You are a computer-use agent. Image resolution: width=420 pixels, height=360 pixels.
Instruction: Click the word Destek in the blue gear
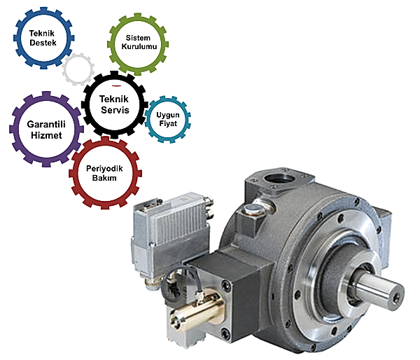click(43, 43)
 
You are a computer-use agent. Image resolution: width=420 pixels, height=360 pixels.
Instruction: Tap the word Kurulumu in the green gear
click(139, 46)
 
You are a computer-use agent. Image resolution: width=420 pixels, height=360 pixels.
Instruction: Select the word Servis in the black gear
click(115, 110)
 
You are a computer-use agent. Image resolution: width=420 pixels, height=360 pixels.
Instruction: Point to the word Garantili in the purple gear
click(46, 125)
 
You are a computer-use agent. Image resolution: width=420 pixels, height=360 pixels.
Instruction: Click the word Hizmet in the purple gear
click(46, 135)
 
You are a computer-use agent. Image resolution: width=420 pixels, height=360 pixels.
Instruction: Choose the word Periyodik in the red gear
click(104, 169)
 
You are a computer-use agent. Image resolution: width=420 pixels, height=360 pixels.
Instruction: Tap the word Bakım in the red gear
click(104, 178)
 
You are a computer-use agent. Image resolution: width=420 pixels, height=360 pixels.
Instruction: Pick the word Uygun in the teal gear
click(168, 116)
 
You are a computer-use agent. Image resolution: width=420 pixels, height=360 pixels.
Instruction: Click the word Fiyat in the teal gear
click(168, 123)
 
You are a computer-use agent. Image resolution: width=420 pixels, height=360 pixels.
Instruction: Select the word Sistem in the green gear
click(138, 38)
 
